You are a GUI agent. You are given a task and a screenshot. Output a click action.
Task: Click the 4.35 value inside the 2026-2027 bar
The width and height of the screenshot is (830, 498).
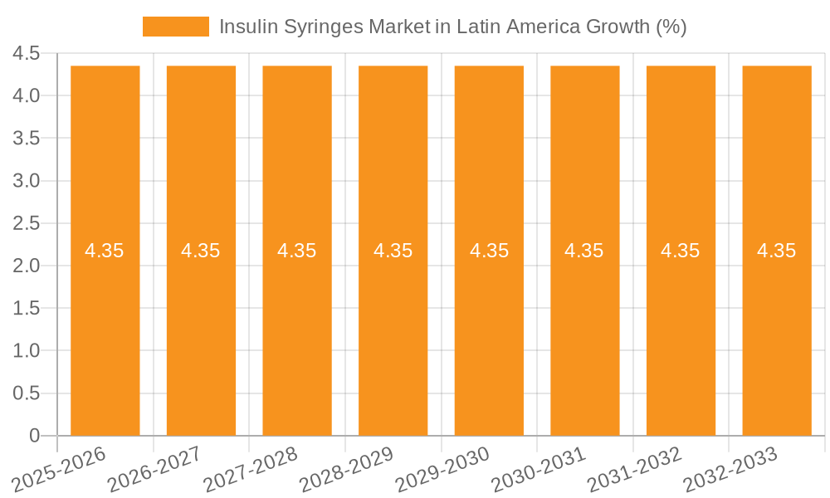[x=201, y=251]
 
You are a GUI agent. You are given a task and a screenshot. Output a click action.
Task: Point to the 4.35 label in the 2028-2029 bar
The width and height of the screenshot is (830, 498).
[x=393, y=251]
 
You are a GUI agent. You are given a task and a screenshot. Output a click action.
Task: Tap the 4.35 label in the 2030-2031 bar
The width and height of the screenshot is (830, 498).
[x=584, y=251]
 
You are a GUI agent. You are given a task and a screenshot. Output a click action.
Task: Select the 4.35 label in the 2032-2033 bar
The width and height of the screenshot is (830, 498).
[x=777, y=251]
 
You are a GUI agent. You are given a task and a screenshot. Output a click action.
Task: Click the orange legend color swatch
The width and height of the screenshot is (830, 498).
[x=176, y=27]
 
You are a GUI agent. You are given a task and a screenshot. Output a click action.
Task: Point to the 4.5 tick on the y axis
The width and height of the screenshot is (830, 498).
[x=27, y=54]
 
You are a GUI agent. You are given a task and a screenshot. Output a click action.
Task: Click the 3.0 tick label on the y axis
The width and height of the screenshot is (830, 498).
[x=27, y=181]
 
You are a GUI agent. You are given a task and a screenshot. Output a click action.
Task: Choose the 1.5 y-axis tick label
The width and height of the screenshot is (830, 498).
[x=27, y=309]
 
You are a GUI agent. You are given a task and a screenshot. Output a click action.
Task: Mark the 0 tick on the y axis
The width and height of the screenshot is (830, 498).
[x=34, y=436]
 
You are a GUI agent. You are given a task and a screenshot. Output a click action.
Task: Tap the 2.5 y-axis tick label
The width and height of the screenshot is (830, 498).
[x=27, y=223]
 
